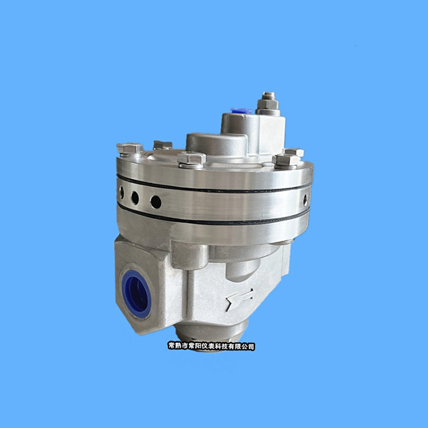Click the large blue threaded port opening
click(136, 294)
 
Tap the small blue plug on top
click(241, 111)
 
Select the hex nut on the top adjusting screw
click(268, 104)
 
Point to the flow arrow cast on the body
click(240, 299)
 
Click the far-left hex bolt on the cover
click(130, 149)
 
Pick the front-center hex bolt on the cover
click(191, 159)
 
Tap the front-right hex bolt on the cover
click(286, 160)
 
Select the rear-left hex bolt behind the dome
click(163, 145)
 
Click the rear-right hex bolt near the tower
click(294, 152)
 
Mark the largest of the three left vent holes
click(156, 202)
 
